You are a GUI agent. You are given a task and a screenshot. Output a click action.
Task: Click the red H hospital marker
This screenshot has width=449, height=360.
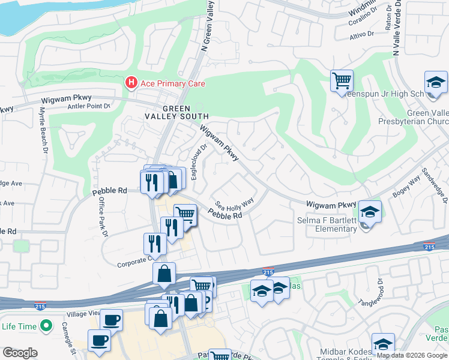tap(130, 83)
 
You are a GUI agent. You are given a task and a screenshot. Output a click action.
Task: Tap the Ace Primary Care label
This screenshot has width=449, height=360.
tap(172, 83)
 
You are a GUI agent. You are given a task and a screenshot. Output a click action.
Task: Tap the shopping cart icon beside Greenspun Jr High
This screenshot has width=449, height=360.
tap(342, 80)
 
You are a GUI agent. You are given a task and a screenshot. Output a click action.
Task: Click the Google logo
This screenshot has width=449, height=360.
tap(20, 353)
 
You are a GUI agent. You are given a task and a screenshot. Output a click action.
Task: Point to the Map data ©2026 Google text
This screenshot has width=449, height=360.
tap(411, 355)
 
